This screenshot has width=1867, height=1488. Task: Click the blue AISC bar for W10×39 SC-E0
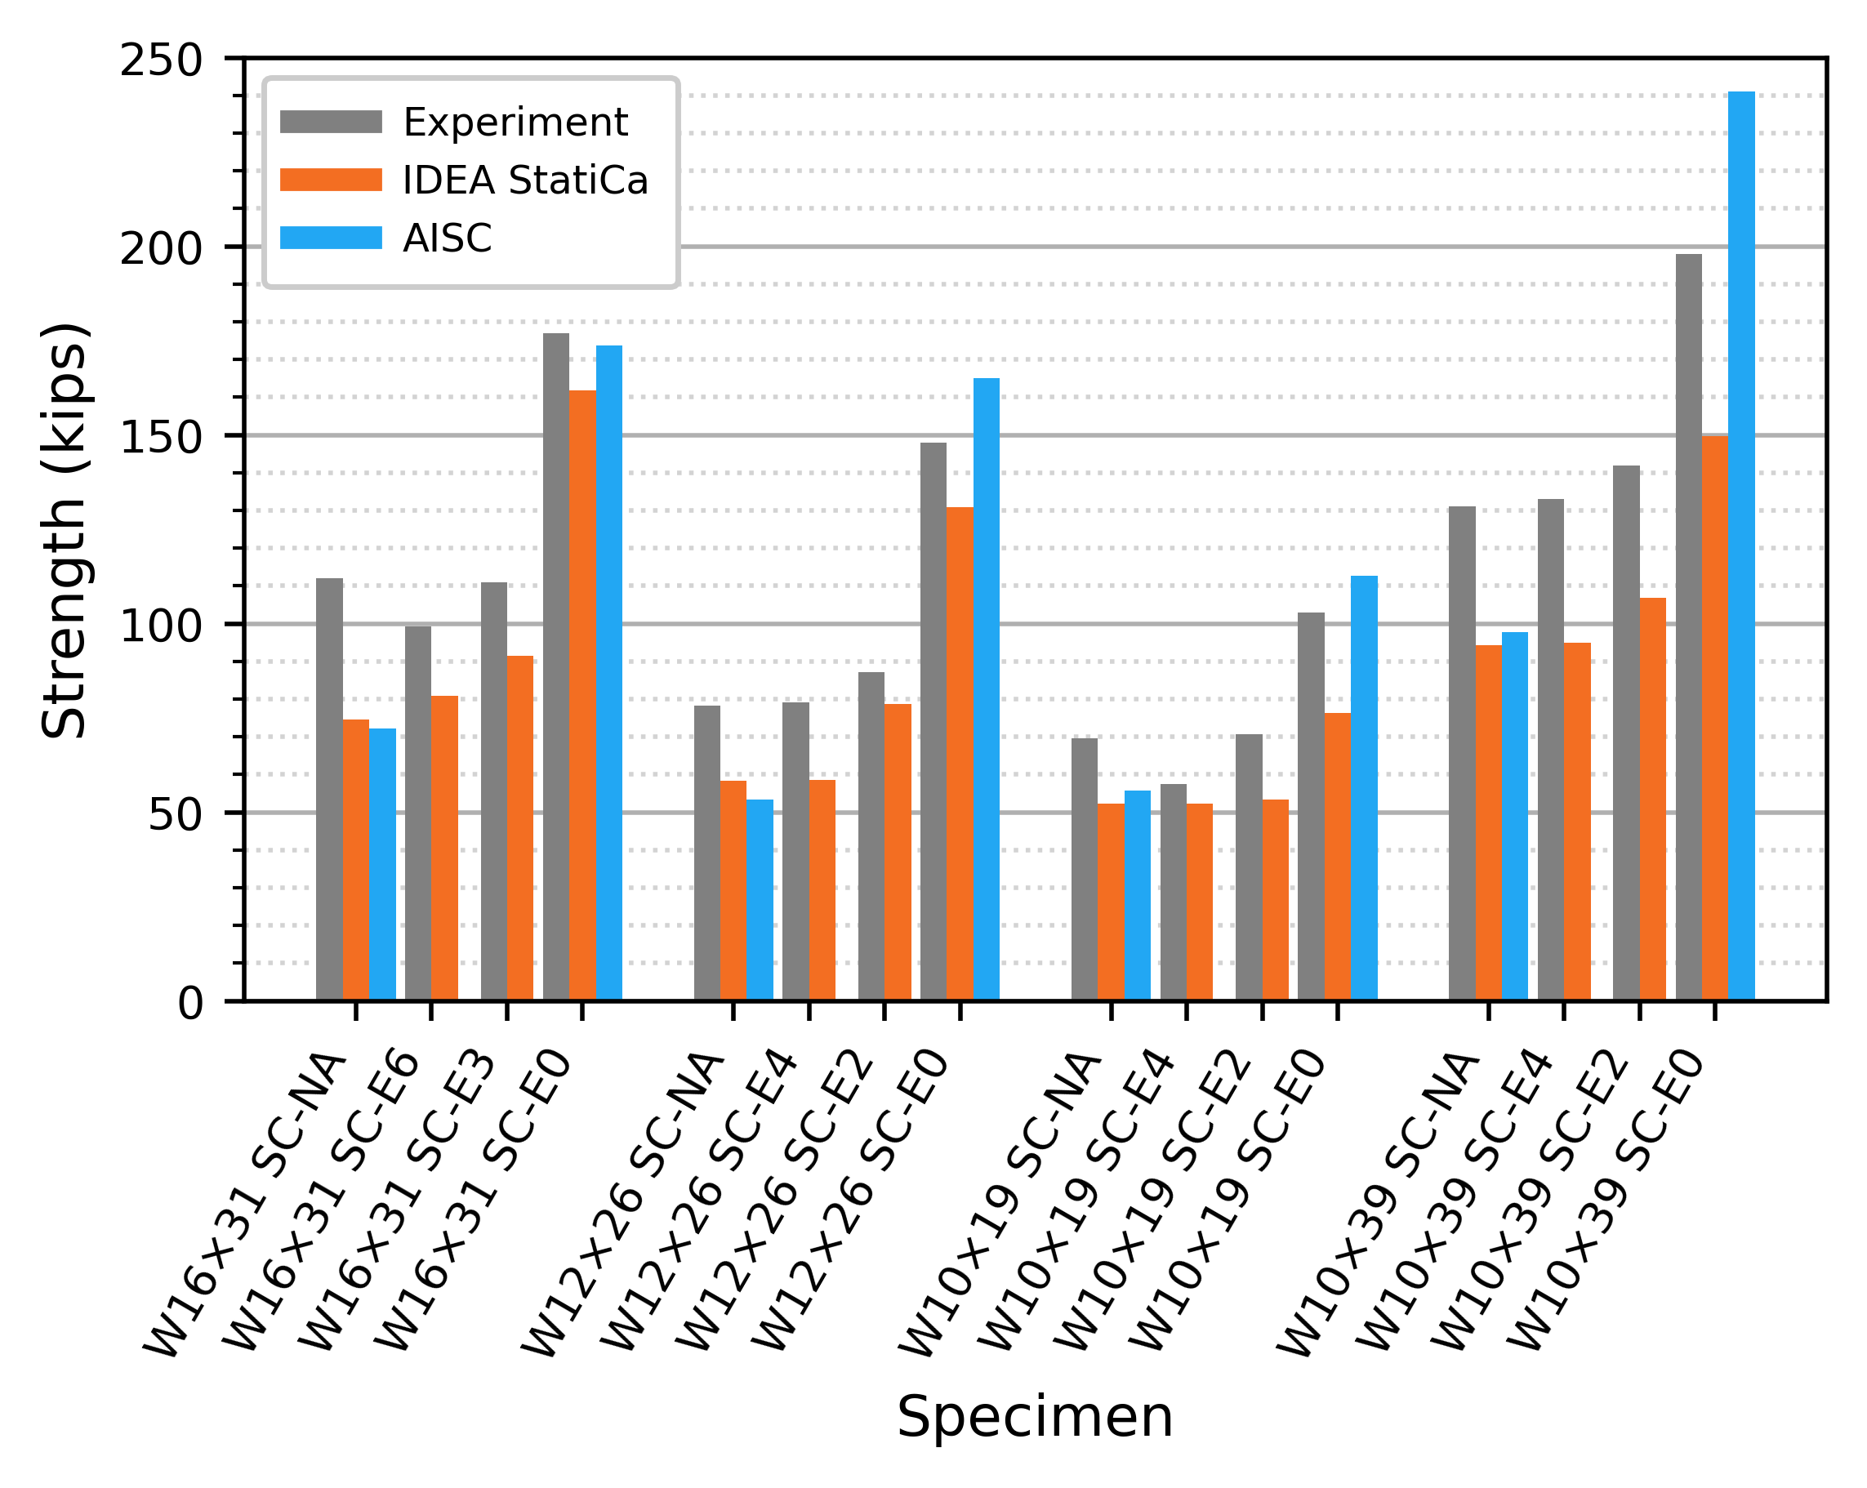1741,546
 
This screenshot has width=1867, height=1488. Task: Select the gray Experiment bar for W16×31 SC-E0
556,667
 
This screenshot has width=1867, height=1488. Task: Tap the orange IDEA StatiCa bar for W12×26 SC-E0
960,754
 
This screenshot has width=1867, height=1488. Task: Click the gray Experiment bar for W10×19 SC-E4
1174,892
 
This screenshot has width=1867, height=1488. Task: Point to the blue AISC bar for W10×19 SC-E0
1364,788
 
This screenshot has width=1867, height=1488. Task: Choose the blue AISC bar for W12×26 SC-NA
760,900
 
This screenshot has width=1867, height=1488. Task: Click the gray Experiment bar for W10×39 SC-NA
1462,754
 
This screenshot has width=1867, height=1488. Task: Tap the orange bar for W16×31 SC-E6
444,848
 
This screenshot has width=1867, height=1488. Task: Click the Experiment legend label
515,123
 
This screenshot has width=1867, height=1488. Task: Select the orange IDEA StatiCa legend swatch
331,180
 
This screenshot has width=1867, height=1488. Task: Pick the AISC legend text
448,238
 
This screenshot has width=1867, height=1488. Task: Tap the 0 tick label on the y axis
190,1004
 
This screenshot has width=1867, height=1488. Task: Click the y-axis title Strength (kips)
65,530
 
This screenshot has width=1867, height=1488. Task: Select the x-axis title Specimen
1035,1418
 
